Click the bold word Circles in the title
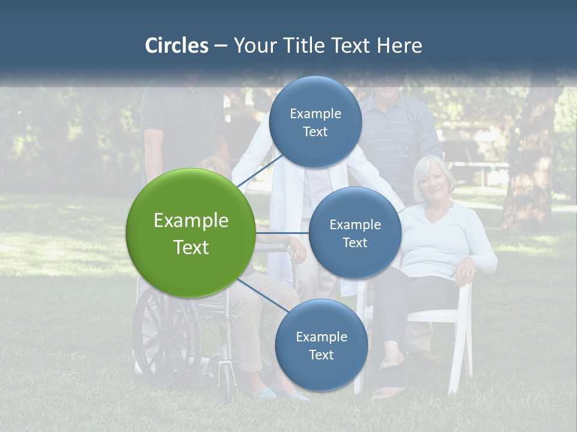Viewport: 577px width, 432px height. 176,46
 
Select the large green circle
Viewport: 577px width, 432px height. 191,233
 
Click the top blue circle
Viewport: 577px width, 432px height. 315,122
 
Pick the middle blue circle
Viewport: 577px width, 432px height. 355,233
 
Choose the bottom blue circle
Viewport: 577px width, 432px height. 321,345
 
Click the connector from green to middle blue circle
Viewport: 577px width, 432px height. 282,233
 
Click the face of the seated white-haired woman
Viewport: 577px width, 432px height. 433,180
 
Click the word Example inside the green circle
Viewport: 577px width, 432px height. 191,220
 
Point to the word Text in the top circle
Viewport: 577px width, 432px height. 315,132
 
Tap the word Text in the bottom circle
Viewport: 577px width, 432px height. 321,355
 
